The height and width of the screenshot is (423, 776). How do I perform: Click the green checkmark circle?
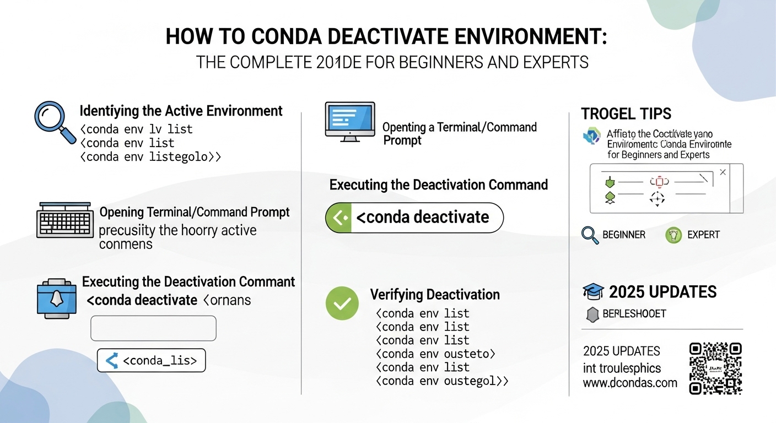(342, 303)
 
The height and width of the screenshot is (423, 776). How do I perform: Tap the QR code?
(715, 368)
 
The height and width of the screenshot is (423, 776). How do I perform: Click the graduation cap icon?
(593, 292)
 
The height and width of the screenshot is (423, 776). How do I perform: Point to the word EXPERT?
(703, 235)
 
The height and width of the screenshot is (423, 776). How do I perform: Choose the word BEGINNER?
(623, 235)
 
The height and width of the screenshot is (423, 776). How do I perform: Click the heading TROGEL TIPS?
(626, 114)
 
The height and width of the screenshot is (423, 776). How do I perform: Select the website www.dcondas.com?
(630, 383)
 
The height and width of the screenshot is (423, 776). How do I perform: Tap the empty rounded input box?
(153, 328)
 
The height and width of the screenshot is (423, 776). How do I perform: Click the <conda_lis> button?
(151, 361)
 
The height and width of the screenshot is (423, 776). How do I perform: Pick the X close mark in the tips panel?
(723, 172)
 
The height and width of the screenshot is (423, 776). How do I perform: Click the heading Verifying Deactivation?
(435, 295)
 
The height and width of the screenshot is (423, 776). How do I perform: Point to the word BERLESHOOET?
(634, 314)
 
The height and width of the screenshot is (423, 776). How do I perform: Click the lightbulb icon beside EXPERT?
(673, 236)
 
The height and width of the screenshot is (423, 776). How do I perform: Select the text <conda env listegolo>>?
(150, 156)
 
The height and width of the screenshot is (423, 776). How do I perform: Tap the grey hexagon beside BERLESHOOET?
(592, 314)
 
